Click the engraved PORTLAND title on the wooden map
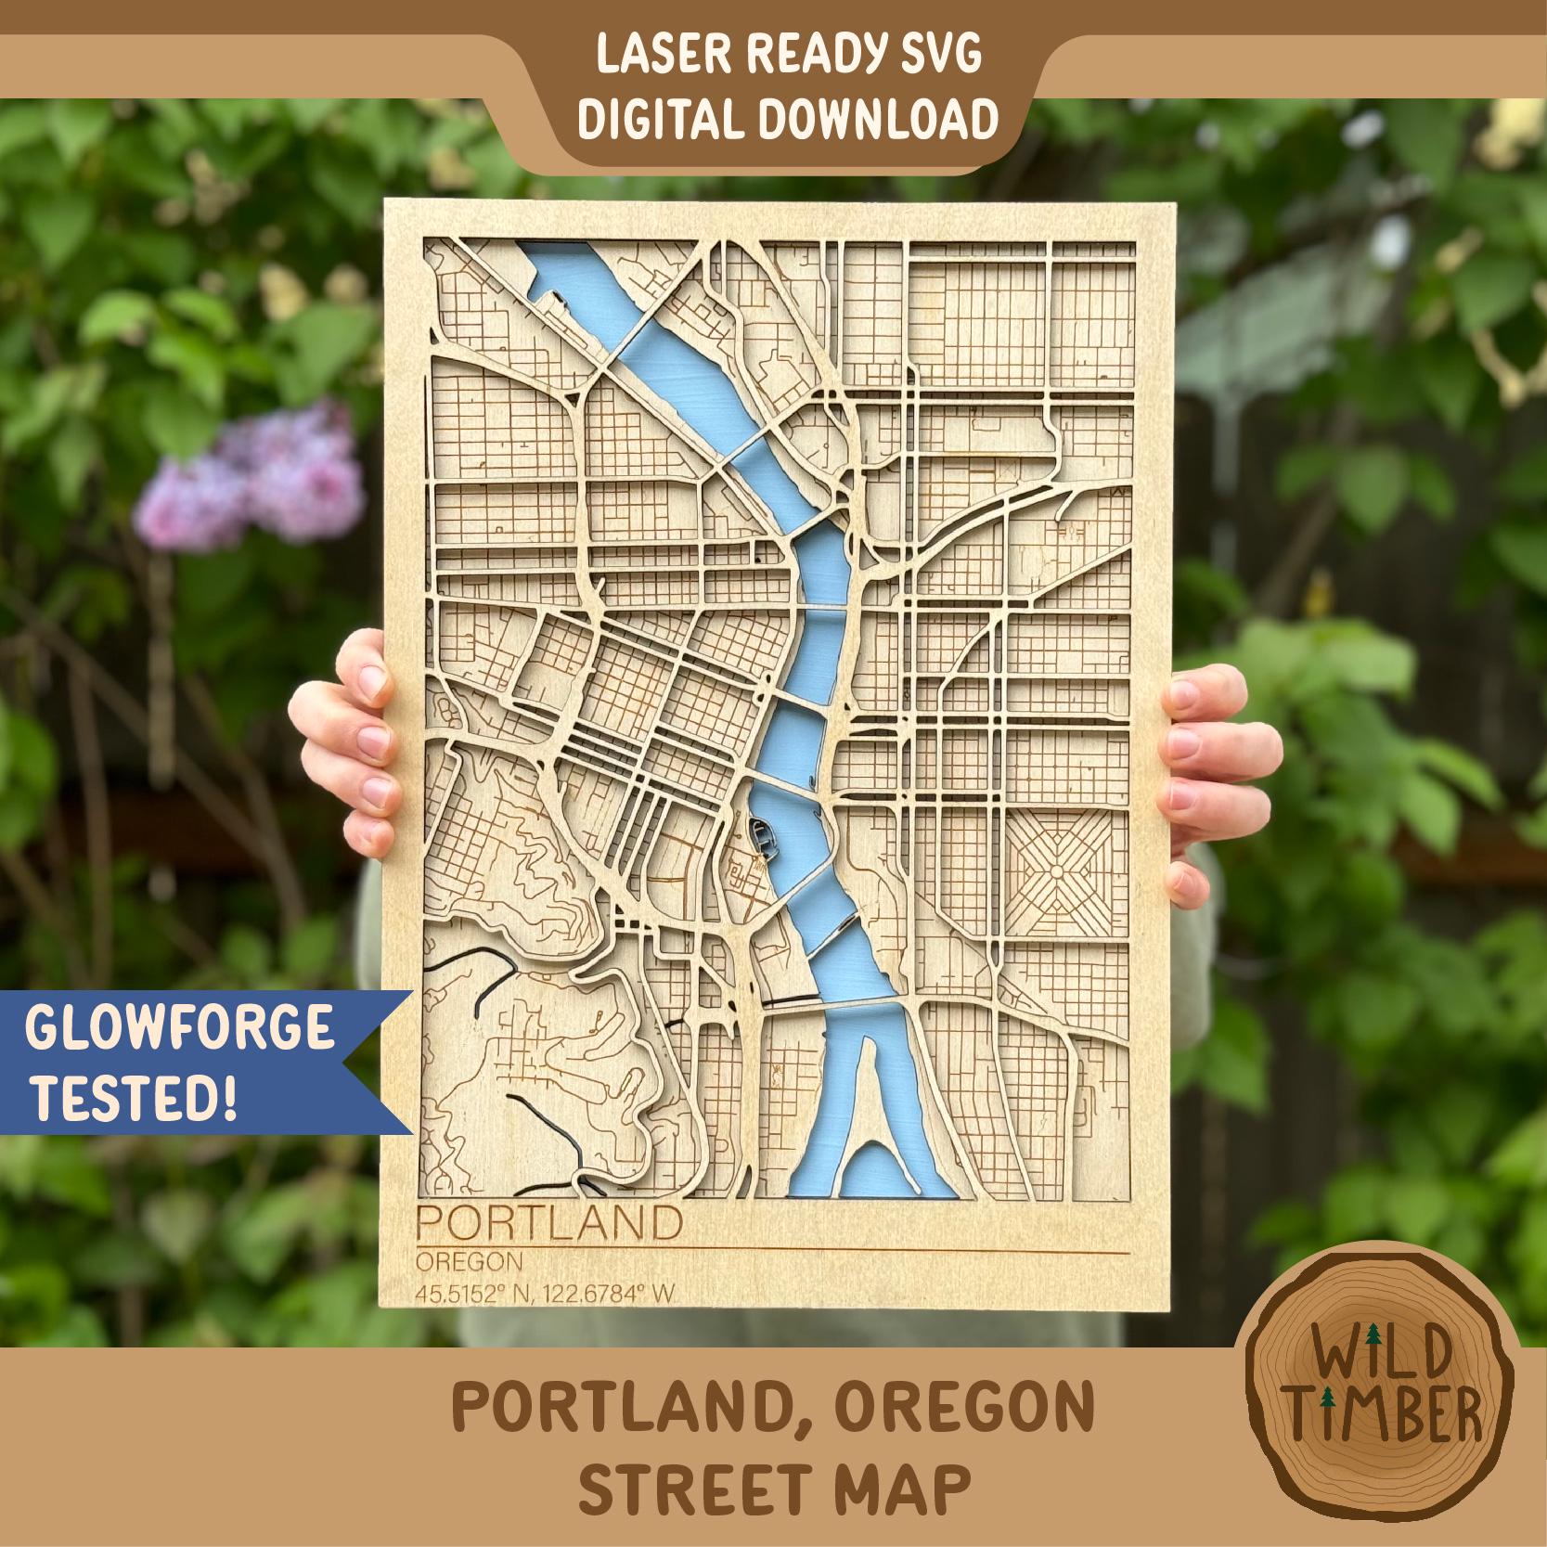[x=549, y=1223]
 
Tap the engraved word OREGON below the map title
[x=470, y=1262]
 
